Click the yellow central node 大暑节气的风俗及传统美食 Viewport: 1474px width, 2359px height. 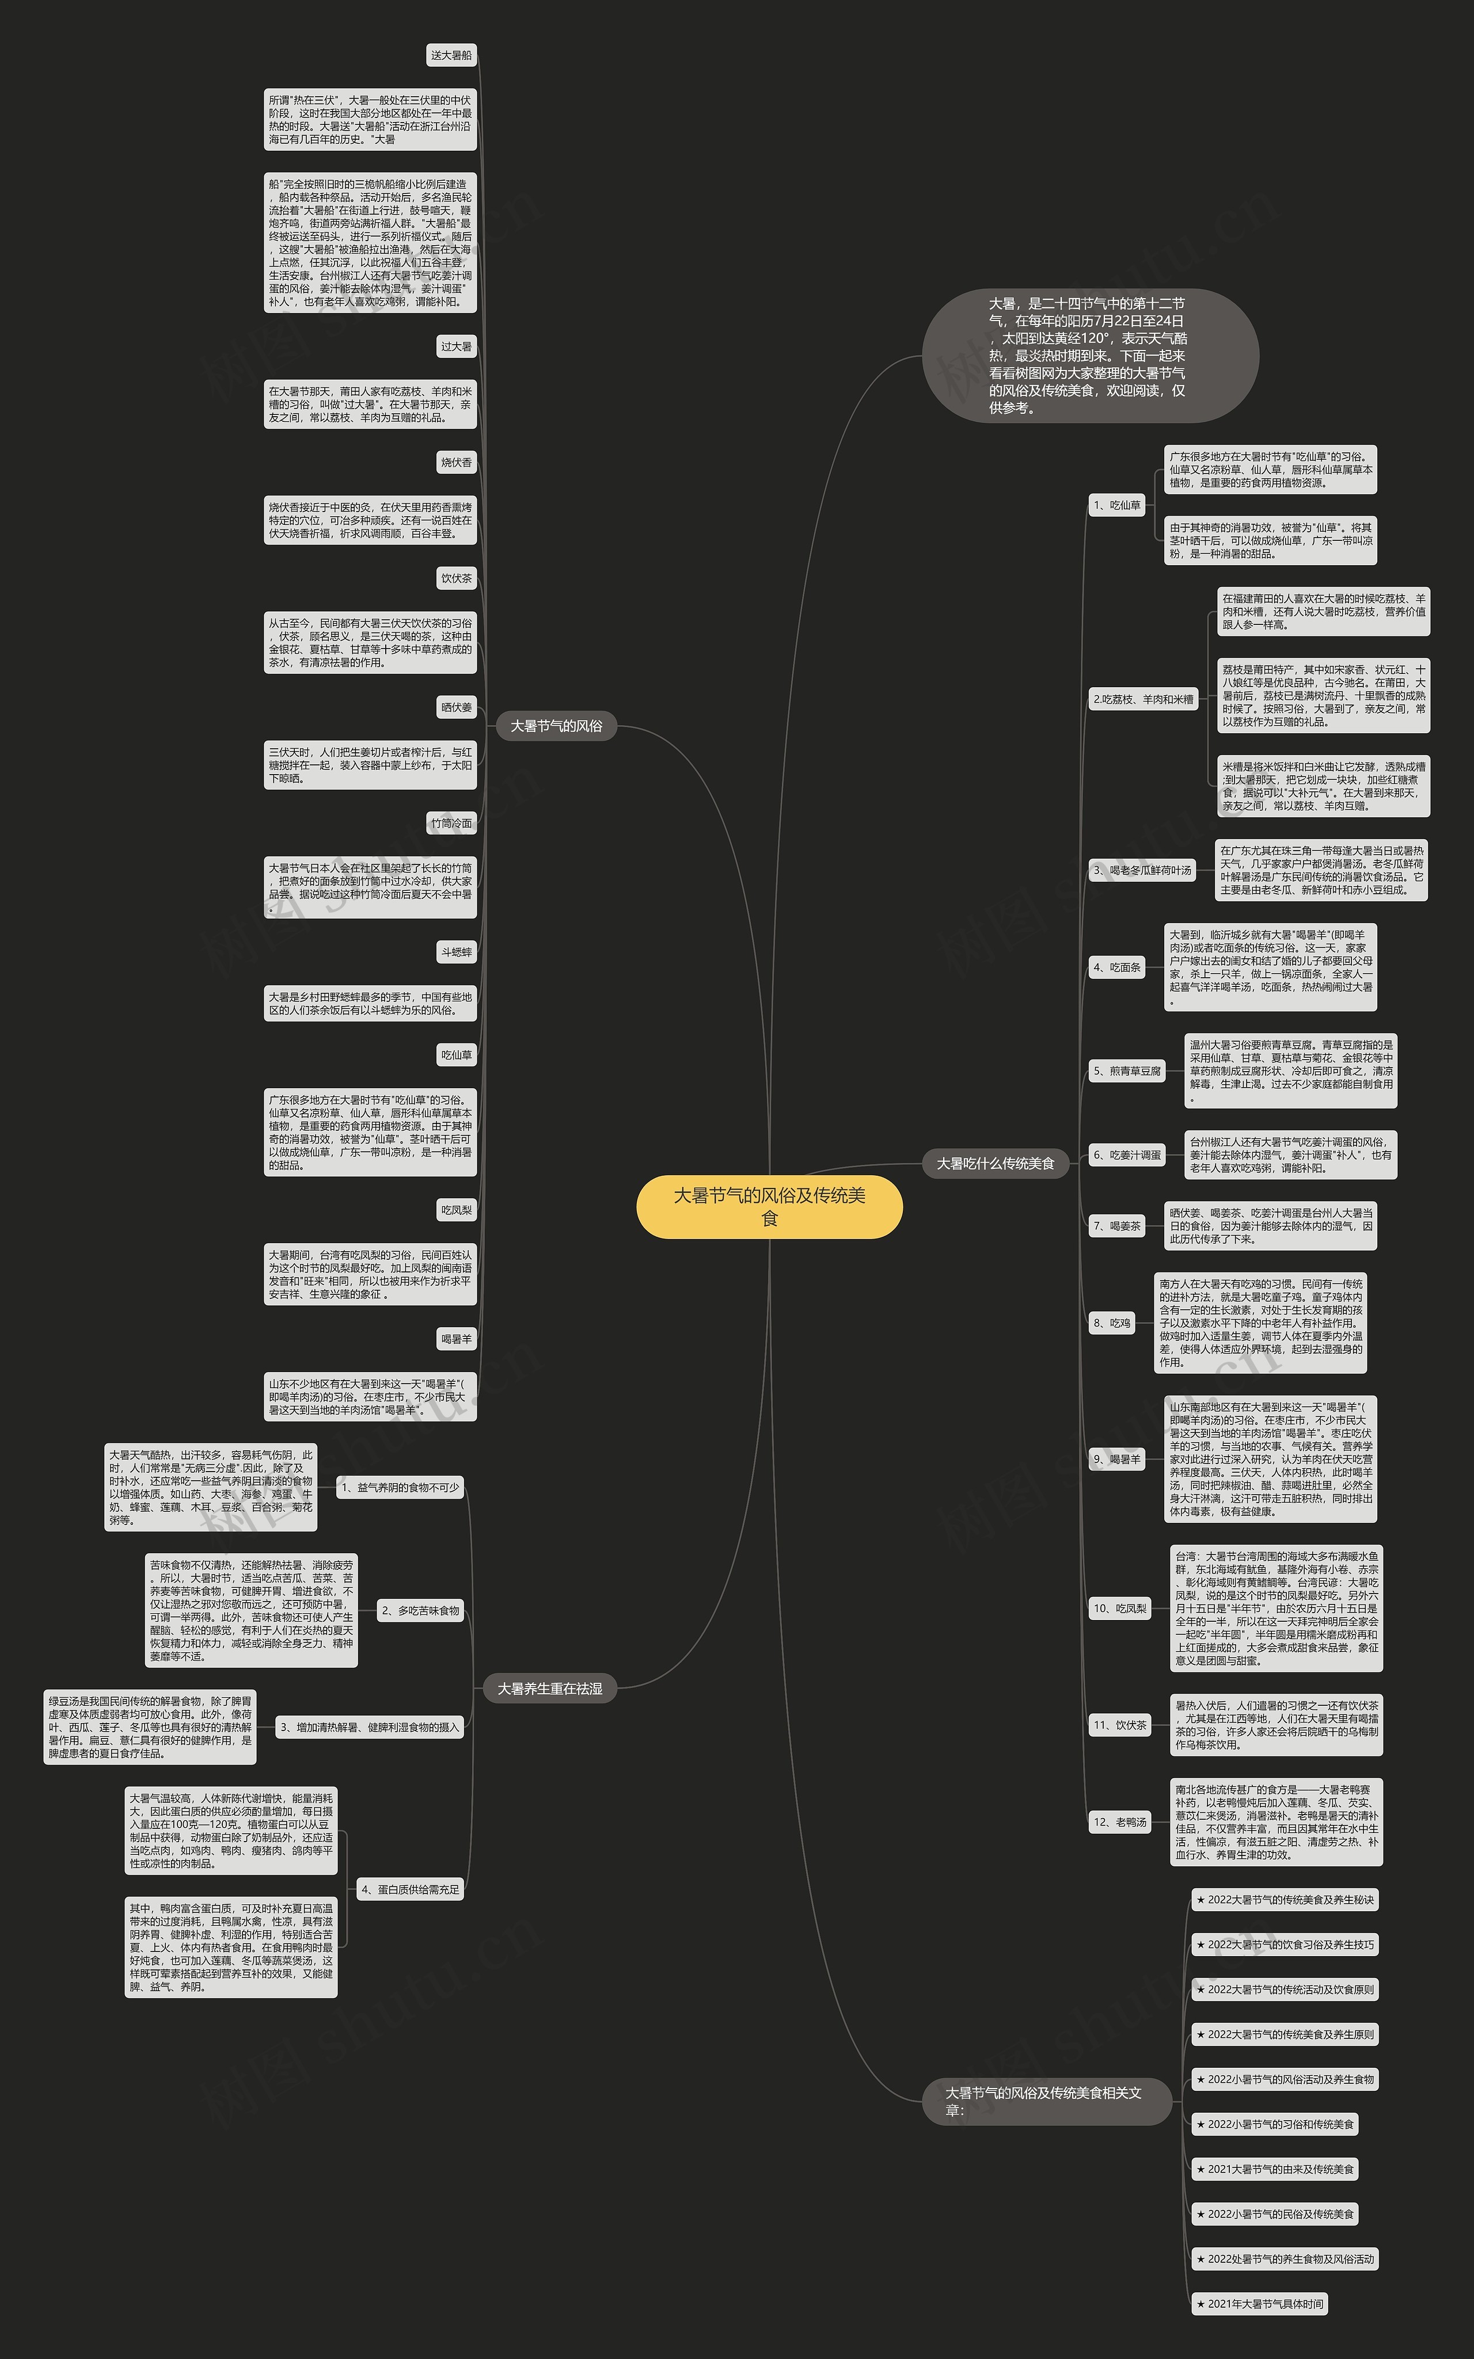[x=769, y=1206]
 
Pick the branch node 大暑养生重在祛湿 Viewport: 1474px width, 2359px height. [x=550, y=1689]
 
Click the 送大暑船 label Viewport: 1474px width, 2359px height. [x=451, y=56]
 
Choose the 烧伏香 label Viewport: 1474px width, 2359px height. [x=455, y=463]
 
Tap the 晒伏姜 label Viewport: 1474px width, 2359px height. [x=455, y=707]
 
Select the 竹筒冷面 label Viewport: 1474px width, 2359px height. [x=451, y=824]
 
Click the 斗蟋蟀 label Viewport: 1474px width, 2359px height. [x=455, y=952]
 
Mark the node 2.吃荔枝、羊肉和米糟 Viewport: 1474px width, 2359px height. [x=1142, y=700]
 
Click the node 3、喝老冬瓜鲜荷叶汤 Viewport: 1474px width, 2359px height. [x=1142, y=870]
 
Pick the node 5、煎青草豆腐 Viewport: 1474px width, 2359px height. [x=1127, y=1071]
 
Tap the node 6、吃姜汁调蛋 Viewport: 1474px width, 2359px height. [x=1127, y=1154]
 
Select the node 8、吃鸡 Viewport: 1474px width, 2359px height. [x=1111, y=1323]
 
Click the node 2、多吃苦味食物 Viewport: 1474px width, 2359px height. [x=420, y=1611]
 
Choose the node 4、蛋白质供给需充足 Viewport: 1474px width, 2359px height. [x=409, y=1889]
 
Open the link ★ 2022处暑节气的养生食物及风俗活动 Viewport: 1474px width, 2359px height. [x=1284, y=2259]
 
